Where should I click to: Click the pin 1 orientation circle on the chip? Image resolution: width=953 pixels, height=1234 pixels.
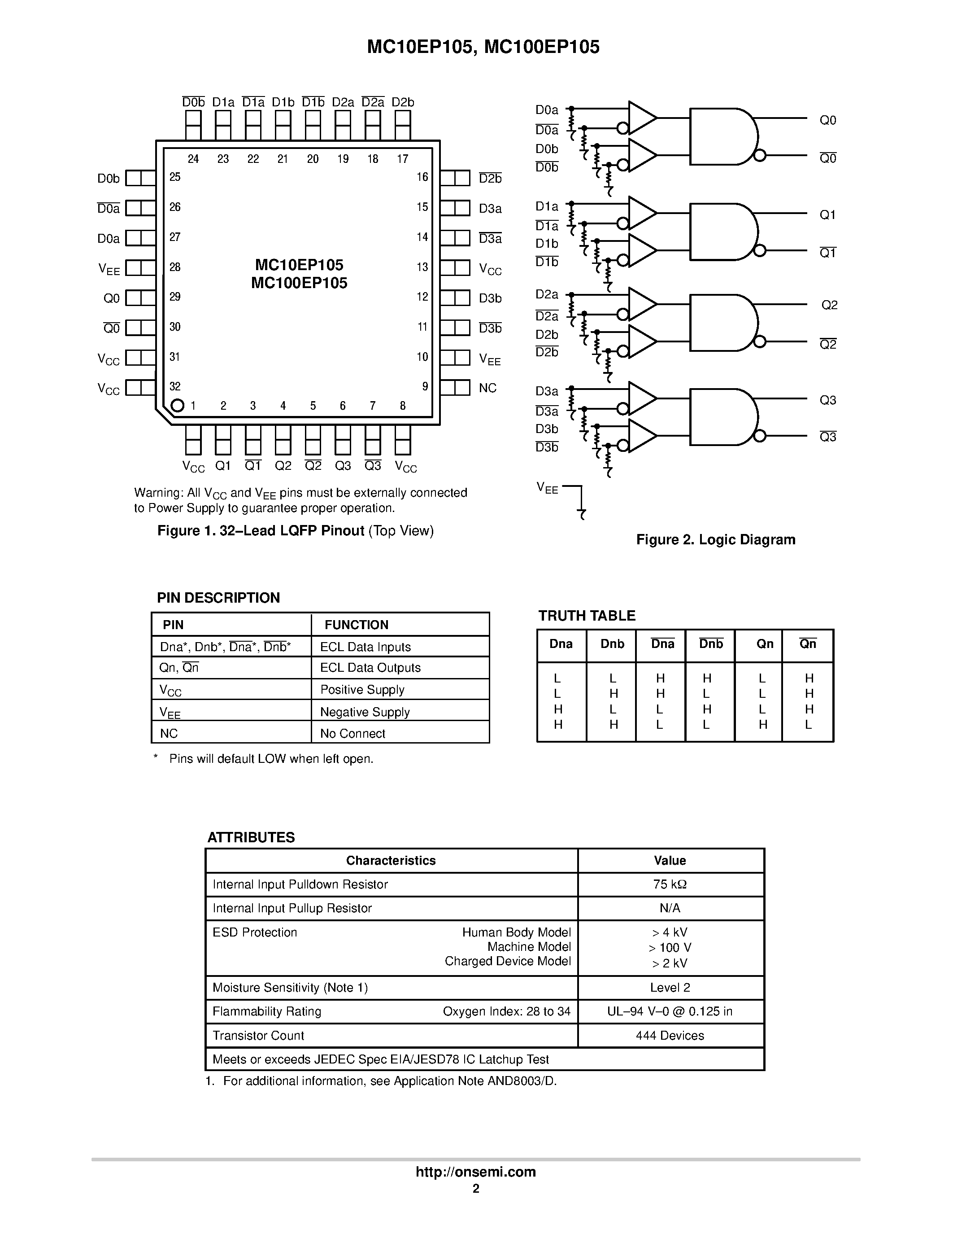pos(177,406)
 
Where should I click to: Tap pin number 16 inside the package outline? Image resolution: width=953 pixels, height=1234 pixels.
pos(422,177)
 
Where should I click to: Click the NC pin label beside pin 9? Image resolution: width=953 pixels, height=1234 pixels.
pos(487,388)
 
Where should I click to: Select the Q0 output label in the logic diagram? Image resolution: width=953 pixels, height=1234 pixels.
pos(828,120)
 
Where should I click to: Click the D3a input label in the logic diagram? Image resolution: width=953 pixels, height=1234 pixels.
pos(547,391)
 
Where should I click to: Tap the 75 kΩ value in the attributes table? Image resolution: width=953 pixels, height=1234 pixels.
pos(670,884)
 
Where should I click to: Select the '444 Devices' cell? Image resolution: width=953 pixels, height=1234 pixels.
pos(670,1036)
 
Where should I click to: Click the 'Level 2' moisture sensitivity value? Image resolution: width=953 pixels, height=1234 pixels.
pos(670,988)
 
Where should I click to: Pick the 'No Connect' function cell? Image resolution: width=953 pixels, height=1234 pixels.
pos(352,733)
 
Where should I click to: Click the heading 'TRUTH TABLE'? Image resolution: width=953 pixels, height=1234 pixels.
pos(587,616)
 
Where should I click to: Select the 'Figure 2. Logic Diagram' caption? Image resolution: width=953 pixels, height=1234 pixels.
pos(715,539)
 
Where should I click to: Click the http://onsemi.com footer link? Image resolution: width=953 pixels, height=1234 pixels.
pos(475,1172)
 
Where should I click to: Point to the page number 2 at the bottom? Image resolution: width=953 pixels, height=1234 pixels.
pos(476,1188)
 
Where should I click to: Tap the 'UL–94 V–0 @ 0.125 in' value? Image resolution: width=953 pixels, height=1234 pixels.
pos(670,1011)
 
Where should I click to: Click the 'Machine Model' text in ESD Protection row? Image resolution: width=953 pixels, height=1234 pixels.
pos(529,946)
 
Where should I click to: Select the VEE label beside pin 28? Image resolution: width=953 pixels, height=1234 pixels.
pos(109,269)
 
